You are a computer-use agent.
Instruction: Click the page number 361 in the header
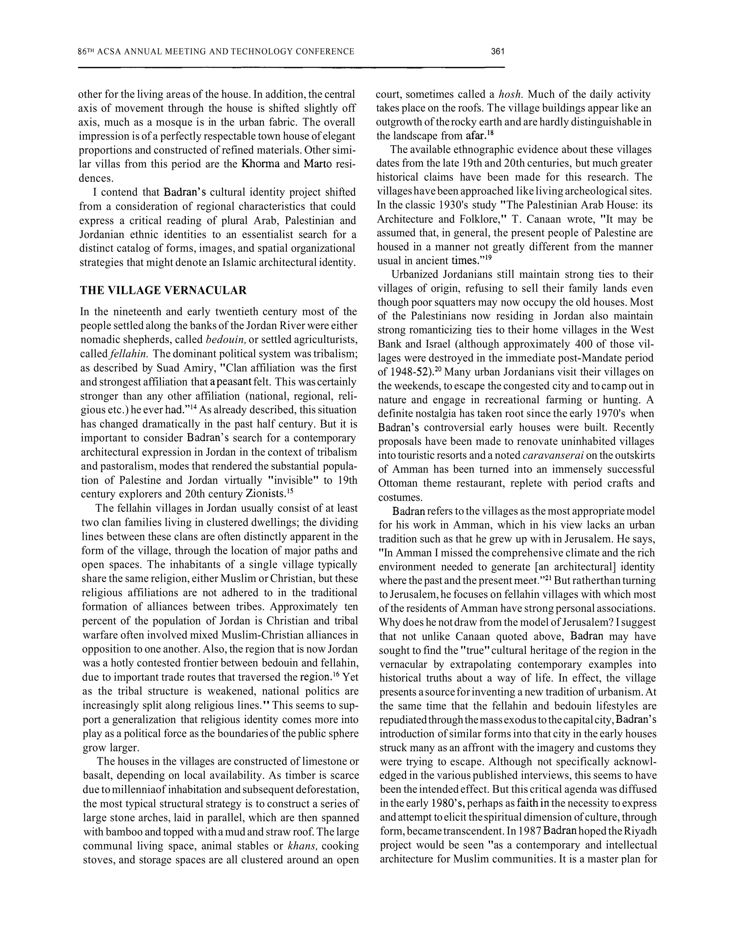tap(497, 52)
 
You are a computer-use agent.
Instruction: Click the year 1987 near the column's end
tap(529, 831)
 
